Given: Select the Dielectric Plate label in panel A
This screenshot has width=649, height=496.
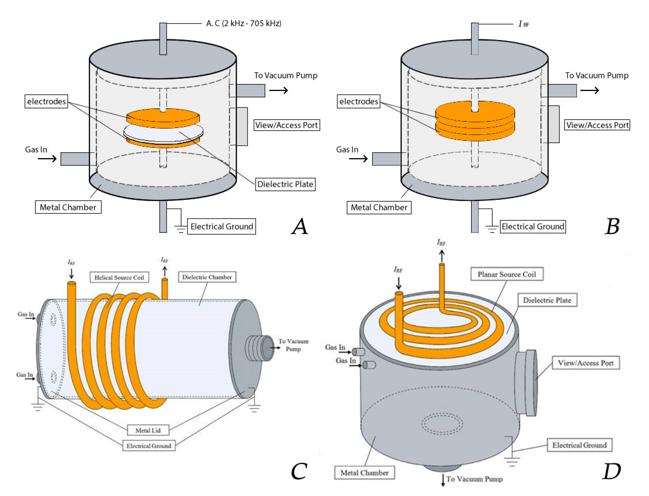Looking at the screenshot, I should [285, 184].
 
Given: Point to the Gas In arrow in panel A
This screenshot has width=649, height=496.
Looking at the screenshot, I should [47, 159].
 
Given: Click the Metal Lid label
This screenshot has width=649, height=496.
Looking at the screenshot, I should [148, 430].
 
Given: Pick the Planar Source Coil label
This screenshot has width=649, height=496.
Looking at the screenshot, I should [506, 274].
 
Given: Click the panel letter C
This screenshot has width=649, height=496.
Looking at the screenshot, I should [299, 472].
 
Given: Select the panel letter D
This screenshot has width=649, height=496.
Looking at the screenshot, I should [612, 472].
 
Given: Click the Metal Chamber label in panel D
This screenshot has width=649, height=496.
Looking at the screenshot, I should [364, 473].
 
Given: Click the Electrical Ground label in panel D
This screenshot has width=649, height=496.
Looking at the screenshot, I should [579, 445].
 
